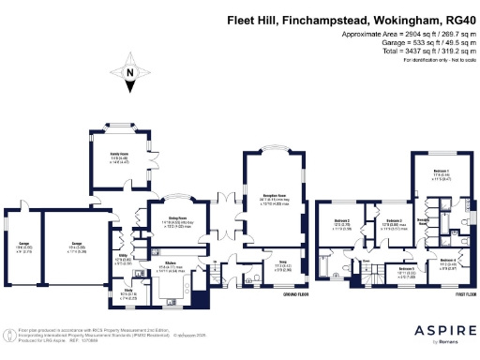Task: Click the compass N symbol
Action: [x=128, y=72]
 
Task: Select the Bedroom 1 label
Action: [x=441, y=172]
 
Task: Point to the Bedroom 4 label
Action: [x=448, y=262]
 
